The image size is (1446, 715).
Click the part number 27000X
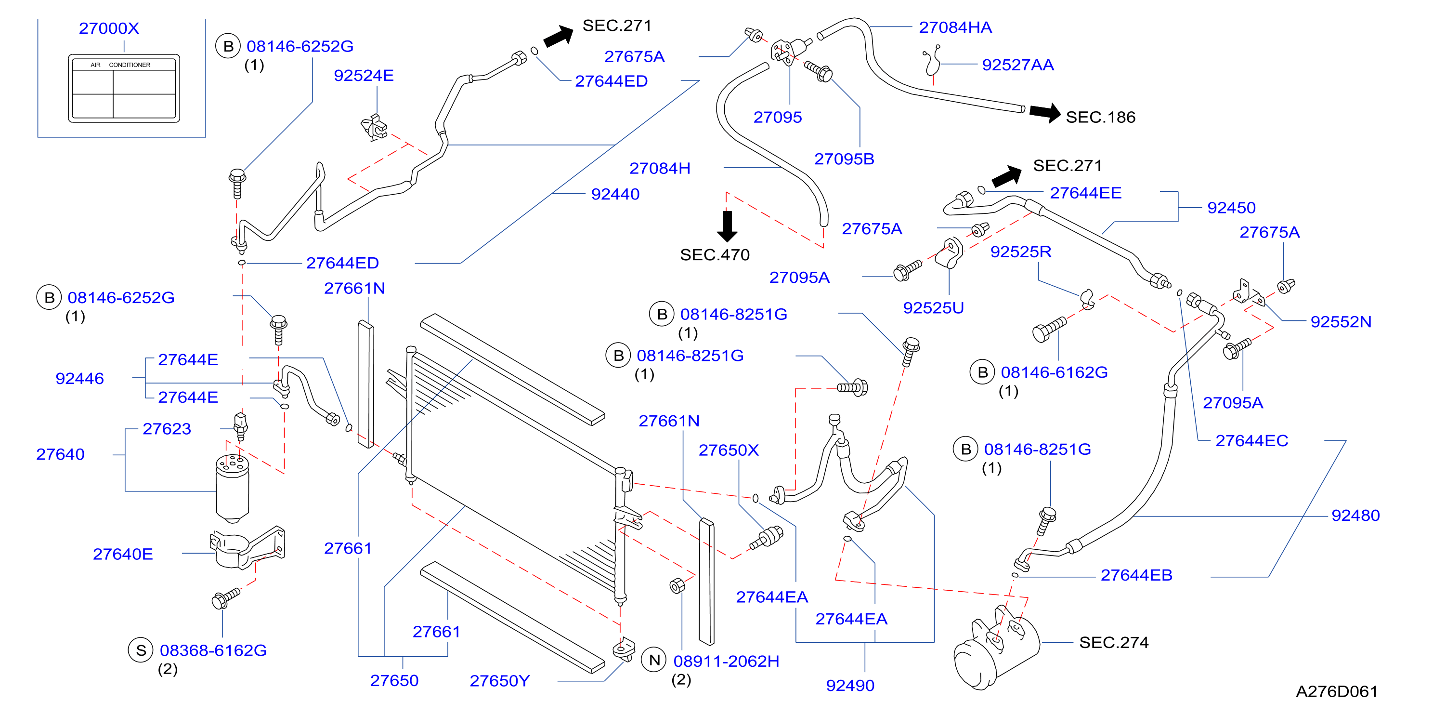(109, 28)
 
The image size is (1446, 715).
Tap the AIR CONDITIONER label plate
(124, 88)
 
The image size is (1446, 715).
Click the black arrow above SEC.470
(727, 226)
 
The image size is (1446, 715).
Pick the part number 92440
(615, 194)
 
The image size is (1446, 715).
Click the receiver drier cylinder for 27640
(233, 488)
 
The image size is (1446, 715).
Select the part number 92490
(850, 685)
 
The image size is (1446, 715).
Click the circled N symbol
(654, 660)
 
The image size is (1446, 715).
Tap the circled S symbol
(141, 650)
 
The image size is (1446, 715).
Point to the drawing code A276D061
(1337, 691)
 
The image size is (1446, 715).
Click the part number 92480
(1355, 515)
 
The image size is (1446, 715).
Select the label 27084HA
(955, 27)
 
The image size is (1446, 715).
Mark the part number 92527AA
(1018, 65)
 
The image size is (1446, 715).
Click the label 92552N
(1341, 321)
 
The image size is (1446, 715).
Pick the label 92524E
(364, 75)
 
